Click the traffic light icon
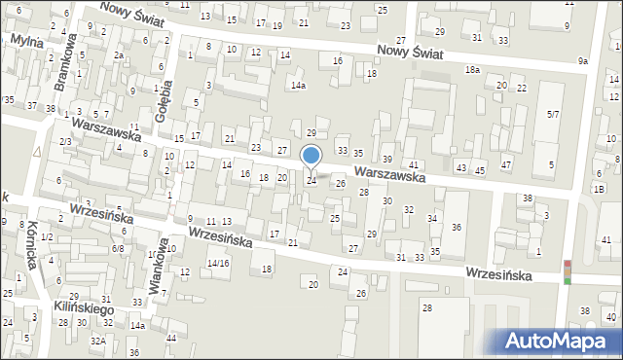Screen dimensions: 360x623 [568, 271]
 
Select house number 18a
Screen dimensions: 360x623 [472, 70]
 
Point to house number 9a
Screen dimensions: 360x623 [582, 61]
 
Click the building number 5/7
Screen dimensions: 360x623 [552, 115]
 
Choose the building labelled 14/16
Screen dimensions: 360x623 [217, 263]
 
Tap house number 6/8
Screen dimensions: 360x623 [118, 249]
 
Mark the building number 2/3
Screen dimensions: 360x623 [65, 142]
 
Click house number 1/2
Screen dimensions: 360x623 [46, 238]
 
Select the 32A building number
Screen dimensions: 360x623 [97, 341]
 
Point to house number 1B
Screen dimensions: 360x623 [599, 190]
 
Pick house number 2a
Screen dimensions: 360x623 [117, 55]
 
